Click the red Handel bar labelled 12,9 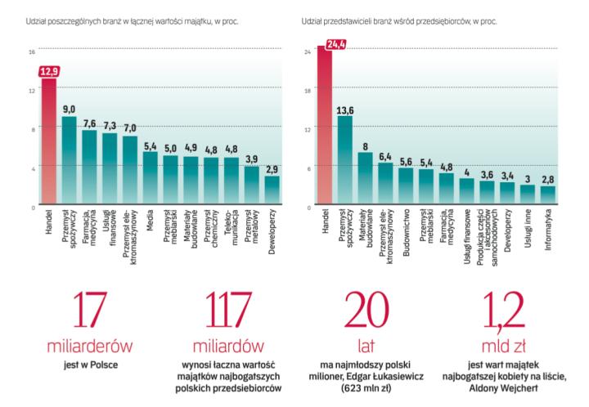coord(48,143)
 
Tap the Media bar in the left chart coord(150,179)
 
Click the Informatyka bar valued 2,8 coord(548,195)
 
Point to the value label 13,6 coord(345,110)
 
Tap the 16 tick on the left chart coord(32,51)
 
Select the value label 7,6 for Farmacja coord(89,123)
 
